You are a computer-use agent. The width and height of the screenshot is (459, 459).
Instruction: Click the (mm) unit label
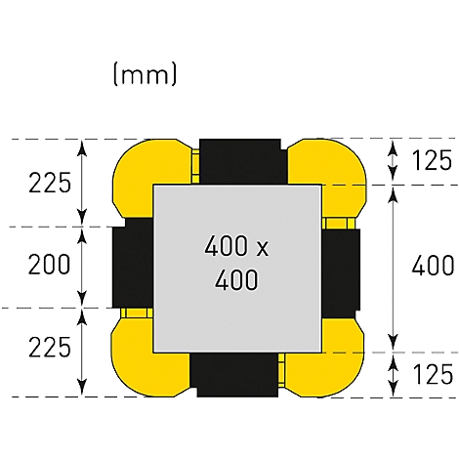[145, 74]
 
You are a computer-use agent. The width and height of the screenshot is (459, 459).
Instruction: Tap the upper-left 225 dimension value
[50, 183]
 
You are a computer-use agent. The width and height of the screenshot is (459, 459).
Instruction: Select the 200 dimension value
[49, 264]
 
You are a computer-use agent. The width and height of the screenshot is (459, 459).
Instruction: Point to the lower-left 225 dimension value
[50, 347]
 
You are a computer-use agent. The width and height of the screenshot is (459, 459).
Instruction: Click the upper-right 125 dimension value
[432, 160]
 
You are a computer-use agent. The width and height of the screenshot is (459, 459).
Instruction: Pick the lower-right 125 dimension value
[433, 374]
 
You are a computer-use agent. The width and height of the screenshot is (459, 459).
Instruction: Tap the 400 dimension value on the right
[433, 266]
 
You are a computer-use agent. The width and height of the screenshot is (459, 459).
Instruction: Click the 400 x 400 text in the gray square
[236, 263]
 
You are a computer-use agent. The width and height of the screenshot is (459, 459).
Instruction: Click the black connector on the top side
[242, 162]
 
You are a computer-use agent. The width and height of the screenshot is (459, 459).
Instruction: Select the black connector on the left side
[133, 263]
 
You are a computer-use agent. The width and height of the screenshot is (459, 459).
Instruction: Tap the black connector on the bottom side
[234, 375]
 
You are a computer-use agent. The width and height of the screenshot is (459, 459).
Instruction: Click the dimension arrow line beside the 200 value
[83, 268]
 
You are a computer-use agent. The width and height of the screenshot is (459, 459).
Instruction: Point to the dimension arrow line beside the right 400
[394, 269]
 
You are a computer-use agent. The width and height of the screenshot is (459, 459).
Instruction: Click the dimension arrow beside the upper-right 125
[394, 161]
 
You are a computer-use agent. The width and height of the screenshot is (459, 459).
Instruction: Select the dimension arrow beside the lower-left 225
[83, 353]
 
